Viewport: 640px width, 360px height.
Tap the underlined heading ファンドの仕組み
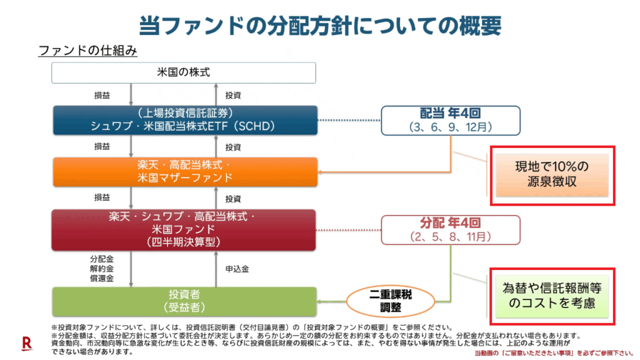(87, 50)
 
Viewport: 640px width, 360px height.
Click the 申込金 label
(237, 269)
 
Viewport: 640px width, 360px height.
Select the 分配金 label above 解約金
(102, 258)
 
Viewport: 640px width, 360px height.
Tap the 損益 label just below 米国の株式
(102, 95)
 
